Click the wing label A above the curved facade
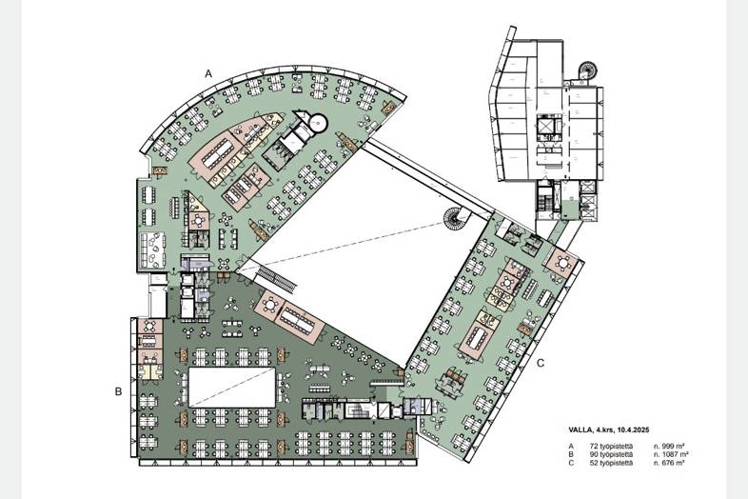[x=208, y=73]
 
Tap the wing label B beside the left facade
[x=118, y=391]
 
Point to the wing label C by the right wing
[x=541, y=363]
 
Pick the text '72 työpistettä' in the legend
[x=607, y=446]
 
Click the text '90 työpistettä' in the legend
[x=607, y=454]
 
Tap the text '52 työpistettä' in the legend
[x=607, y=463]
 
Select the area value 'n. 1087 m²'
[x=671, y=454]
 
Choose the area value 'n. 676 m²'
[x=669, y=463]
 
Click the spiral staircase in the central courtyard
[x=454, y=219]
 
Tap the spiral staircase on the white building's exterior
[x=587, y=71]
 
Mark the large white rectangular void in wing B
[x=232, y=388]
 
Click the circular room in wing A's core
[x=317, y=124]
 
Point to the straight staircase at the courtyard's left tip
[x=278, y=280]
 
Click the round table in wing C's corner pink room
[x=563, y=263]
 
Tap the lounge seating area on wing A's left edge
[x=152, y=250]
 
